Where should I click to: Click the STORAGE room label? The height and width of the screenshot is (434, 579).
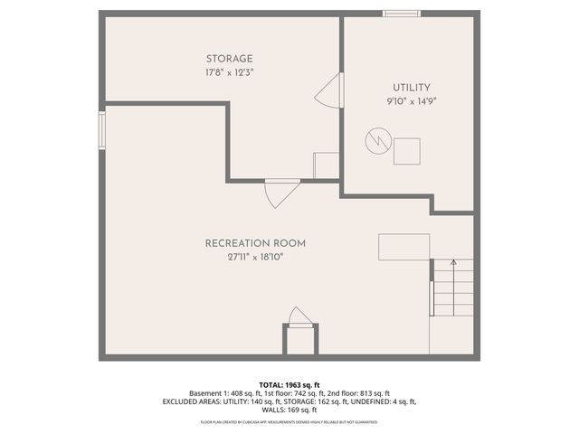(228, 59)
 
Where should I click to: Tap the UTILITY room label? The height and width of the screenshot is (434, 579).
(411, 88)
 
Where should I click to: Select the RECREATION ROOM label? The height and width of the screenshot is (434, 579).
(255, 243)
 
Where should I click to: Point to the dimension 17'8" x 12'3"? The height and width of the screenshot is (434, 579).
(228, 72)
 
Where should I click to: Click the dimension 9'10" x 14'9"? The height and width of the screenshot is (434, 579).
(411, 102)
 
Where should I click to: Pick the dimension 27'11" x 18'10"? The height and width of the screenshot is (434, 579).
(255, 257)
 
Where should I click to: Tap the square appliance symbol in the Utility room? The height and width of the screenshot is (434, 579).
(407, 151)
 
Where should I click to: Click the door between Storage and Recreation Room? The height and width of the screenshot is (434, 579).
(281, 191)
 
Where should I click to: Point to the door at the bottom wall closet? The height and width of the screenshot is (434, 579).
(299, 317)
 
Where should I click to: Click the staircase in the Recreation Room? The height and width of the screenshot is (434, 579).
(452, 288)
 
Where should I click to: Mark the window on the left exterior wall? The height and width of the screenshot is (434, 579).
(102, 126)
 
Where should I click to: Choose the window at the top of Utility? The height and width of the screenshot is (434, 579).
(401, 14)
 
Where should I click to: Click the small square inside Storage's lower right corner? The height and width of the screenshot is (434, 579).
(326, 165)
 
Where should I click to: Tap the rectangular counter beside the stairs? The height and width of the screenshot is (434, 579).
(403, 247)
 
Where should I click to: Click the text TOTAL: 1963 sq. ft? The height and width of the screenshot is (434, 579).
(289, 385)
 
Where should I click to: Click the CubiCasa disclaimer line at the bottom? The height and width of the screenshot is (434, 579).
(289, 422)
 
